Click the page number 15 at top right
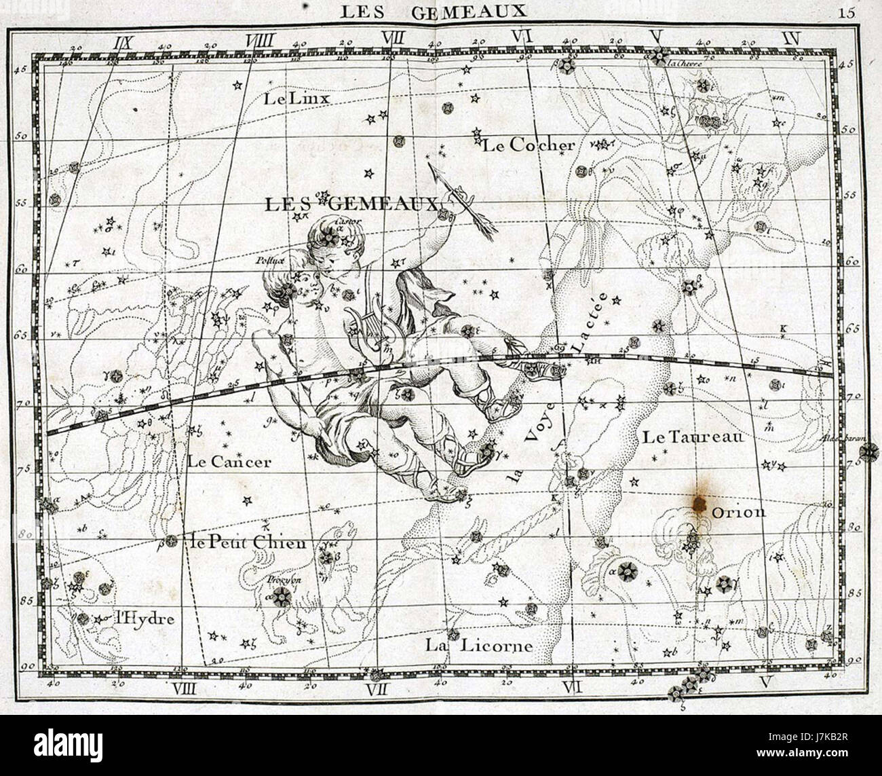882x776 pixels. tap(847, 11)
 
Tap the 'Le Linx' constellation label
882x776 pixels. tap(296, 99)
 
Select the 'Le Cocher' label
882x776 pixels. tap(529, 145)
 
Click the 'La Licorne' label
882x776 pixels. tap(479, 645)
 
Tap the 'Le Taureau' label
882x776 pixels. tap(693, 437)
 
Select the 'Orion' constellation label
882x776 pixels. tap(739, 513)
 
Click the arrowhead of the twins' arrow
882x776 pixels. tap(432, 167)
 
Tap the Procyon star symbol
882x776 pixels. tap(281, 595)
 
